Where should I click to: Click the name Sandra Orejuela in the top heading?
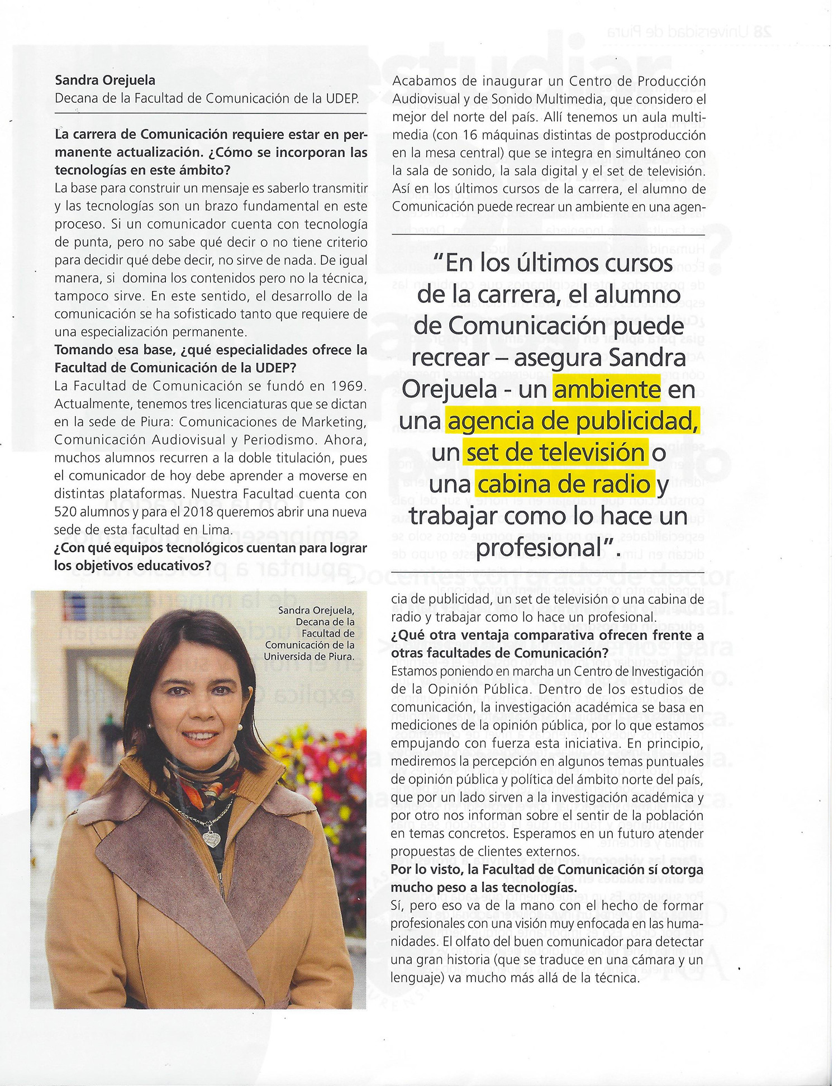click(x=105, y=80)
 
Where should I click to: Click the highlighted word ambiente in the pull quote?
click(x=607, y=389)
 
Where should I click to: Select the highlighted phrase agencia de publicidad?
click(x=573, y=421)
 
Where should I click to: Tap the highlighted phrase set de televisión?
click(x=555, y=453)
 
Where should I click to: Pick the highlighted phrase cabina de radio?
click(x=564, y=484)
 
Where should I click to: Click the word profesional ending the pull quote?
click(x=545, y=547)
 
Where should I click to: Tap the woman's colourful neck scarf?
click(x=201, y=782)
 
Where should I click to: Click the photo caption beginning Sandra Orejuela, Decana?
click(x=311, y=633)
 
